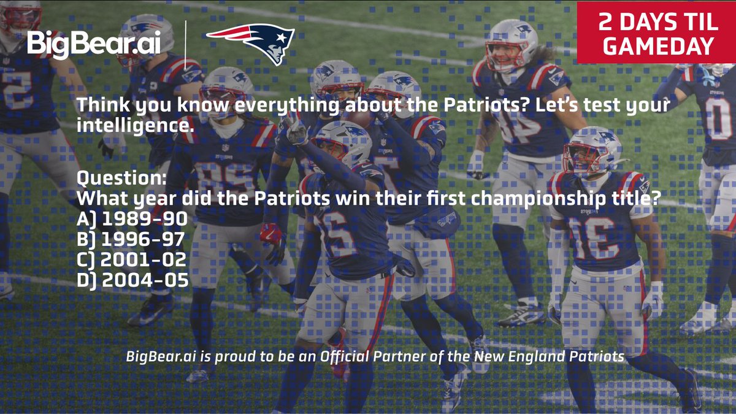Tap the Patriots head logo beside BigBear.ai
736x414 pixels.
point(252,43)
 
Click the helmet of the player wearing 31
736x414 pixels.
point(592,148)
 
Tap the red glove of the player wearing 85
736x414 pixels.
point(270,233)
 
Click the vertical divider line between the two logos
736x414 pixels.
point(185,44)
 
